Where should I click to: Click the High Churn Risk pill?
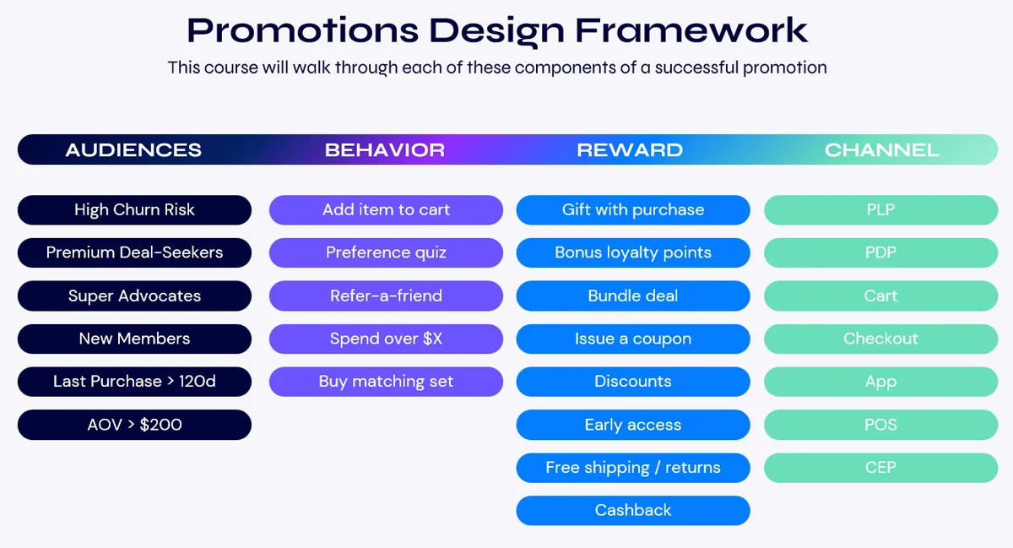click(x=134, y=210)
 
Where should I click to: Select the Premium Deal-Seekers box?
click(x=134, y=252)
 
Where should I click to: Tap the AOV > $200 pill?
click(x=134, y=425)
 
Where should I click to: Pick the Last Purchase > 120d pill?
click(x=134, y=382)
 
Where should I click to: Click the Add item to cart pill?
click(x=386, y=210)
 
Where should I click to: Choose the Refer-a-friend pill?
click(x=386, y=296)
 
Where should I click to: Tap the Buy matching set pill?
click(x=386, y=382)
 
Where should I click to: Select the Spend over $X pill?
click(x=386, y=339)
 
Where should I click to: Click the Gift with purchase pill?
click(x=633, y=210)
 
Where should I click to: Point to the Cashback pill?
click(x=633, y=510)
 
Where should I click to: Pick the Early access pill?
click(x=633, y=425)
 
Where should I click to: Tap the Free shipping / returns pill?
click(x=633, y=467)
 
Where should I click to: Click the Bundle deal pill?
click(x=633, y=296)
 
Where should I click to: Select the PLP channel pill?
click(x=880, y=210)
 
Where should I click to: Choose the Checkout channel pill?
click(x=880, y=339)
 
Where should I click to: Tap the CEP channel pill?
click(x=880, y=467)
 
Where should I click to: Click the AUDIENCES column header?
click(x=133, y=150)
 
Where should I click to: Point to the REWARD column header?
click(x=630, y=150)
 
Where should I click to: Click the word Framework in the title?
click(x=692, y=30)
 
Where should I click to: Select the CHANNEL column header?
click(x=881, y=150)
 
